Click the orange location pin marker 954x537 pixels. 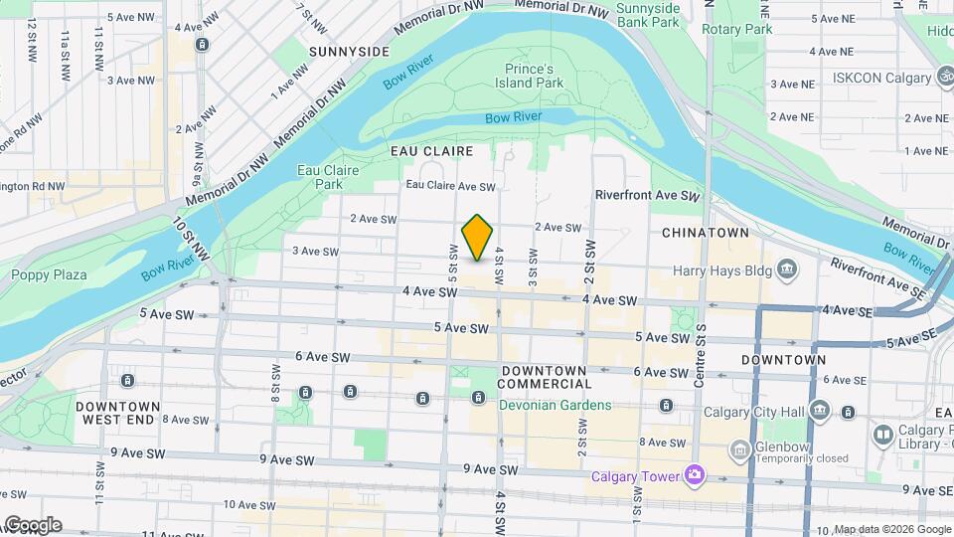pyautogui.click(x=478, y=238)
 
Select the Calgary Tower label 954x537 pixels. pyautogui.click(x=636, y=475)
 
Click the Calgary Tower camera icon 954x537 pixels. pyautogui.click(x=694, y=475)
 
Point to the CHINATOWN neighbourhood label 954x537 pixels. pyautogui.click(x=705, y=232)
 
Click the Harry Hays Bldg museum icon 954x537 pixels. pyautogui.click(x=787, y=268)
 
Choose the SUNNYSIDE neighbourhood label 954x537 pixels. pyautogui.click(x=348, y=51)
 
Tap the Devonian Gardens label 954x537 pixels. pyautogui.click(x=555, y=405)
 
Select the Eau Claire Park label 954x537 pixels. pyautogui.click(x=327, y=177)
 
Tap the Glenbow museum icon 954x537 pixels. pyautogui.click(x=739, y=451)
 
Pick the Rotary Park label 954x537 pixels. pyautogui.click(x=736, y=30)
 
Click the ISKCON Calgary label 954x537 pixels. pyautogui.click(x=877, y=78)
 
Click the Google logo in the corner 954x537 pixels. pyautogui.click(x=32, y=525)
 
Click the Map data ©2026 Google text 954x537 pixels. pyautogui.click(x=890, y=529)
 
